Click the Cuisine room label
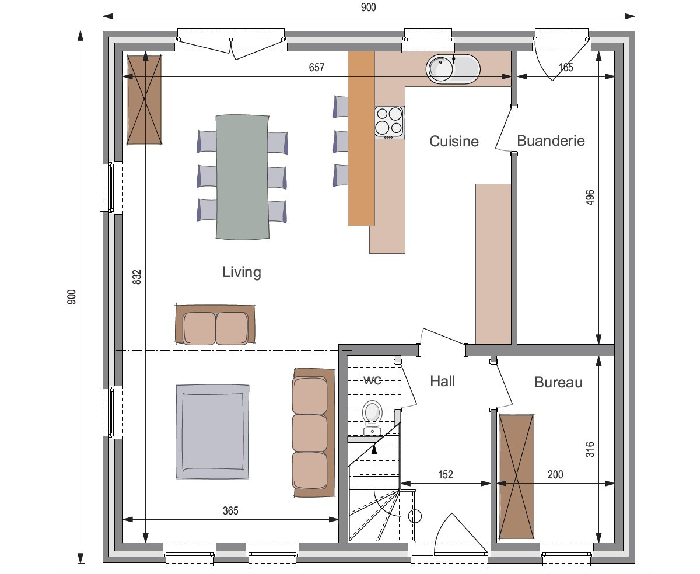pyautogui.click(x=454, y=141)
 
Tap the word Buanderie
pyautogui.click(x=551, y=141)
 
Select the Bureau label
pyautogui.click(x=558, y=382)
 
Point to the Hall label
pyautogui.click(x=442, y=381)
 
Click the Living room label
pyautogui.click(x=242, y=272)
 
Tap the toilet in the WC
pyautogui.click(x=372, y=418)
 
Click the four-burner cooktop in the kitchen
pyautogui.click(x=389, y=123)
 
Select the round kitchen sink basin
pyautogui.click(x=441, y=69)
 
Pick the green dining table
pyautogui.click(x=242, y=177)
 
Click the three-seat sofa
pyautogui.click(x=314, y=432)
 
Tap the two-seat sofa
pyautogui.click(x=215, y=324)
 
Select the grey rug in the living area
pyautogui.click(x=212, y=432)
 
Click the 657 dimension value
pyautogui.click(x=316, y=68)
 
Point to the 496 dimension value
pyautogui.click(x=590, y=198)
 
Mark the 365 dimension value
pyautogui.click(x=230, y=510)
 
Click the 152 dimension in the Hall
pyautogui.click(x=446, y=474)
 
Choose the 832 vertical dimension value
pyautogui.click(x=136, y=277)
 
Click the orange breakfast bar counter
pyautogui.click(x=361, y=138)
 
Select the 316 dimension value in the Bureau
pyautogui.click(x=590, y=449)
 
